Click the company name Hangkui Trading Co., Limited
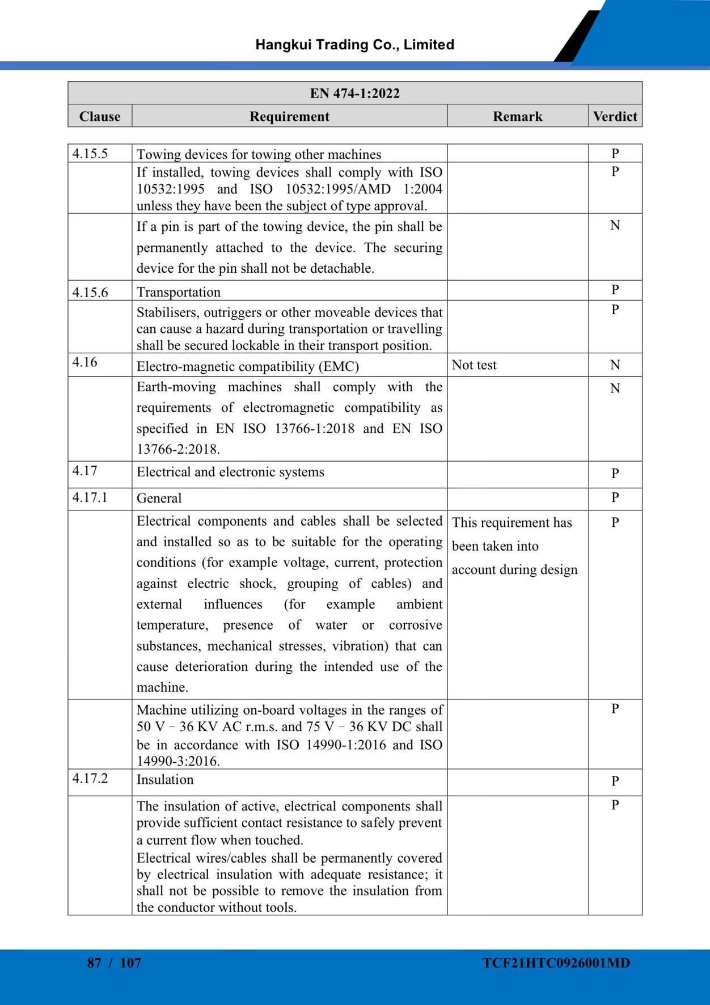click(x=354, y=45)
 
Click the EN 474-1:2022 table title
click(x=354, y=93)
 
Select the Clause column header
click(x=100, y=116)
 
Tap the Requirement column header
click(x=289, y=116)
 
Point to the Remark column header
click(x=517, y=116)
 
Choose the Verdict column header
click(x=615, y=116)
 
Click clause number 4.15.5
click(x=90, y=154)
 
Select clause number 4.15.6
click(x=90, y=292)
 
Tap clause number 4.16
click(x=85, y=362)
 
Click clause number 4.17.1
click(x=90, y=497)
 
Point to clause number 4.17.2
click(x=90, y=778)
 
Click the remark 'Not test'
click(x=474, y=365)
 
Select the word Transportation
click(x=179, y=292)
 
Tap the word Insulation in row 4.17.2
click(x=165, y=779)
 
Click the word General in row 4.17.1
click(x=159, y=498)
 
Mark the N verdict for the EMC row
click(x=615, y=365)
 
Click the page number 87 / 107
click(x=114, y=962)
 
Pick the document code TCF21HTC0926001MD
click(x=556, y=962)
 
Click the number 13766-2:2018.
click(x=178, y=449)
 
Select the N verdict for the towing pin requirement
click(x=615, y=226)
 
